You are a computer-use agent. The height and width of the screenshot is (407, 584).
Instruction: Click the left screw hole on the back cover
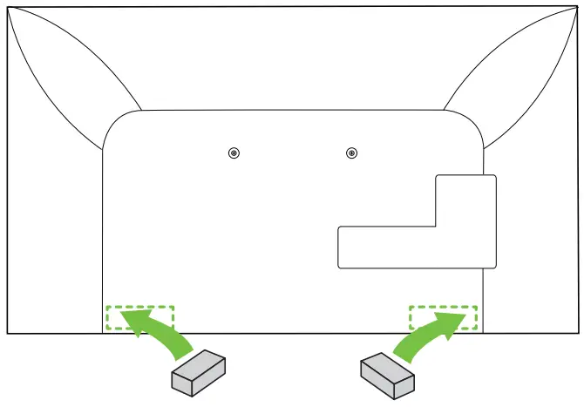[x=233, y=153]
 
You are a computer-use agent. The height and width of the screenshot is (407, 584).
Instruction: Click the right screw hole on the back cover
[x=350, y=153]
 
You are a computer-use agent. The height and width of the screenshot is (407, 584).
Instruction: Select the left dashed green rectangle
[x=139, y=318]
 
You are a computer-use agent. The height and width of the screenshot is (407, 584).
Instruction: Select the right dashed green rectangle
[x=444, y=318]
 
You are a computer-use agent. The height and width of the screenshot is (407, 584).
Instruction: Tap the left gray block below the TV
[x=198, y=373]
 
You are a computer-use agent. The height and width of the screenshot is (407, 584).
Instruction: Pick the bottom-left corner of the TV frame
[x=8, y=332]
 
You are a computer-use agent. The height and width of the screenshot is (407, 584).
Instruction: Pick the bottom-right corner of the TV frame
[x=576, y=332]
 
